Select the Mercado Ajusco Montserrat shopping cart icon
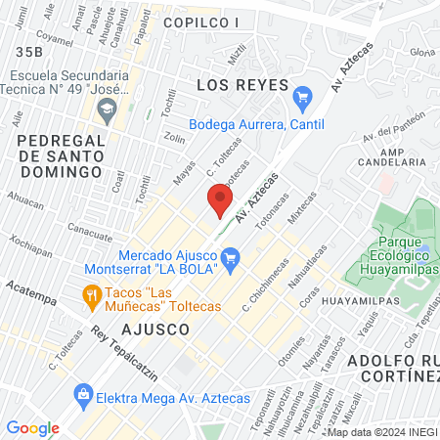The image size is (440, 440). point(231,259)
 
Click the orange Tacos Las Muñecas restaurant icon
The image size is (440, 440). point(91,293)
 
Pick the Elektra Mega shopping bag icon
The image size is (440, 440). point(83,396)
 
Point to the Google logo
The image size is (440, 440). point(32,427)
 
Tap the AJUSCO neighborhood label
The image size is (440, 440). point(156,330)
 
